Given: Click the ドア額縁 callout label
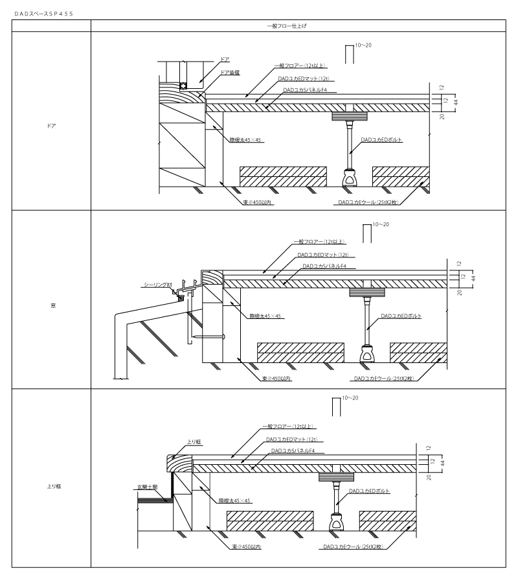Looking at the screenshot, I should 230,73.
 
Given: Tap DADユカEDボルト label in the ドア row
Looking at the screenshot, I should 382,139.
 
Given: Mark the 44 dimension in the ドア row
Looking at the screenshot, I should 455,102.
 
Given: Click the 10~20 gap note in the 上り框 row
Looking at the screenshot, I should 350,397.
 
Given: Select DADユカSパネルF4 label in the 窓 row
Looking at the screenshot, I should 324,266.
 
